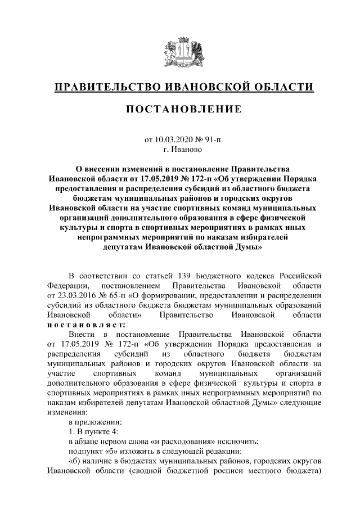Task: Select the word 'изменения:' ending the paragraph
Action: [65, 411]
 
